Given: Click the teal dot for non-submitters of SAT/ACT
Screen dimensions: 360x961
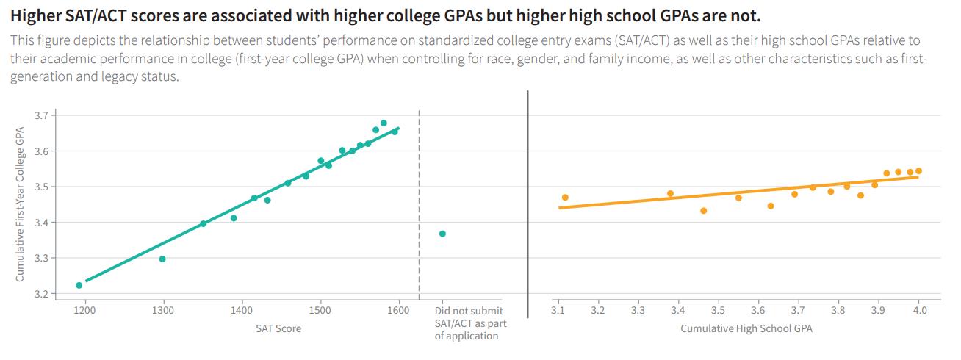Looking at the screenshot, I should (x=442, y=234).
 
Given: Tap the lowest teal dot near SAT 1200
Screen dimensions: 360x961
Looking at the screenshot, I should (x=79, y=285).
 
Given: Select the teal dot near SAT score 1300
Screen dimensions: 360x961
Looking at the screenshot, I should (x=162, y=259).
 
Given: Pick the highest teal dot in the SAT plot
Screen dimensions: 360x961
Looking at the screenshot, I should (x=384, y=123).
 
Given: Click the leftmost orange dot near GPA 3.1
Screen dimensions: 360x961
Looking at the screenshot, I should (x=565, y=198).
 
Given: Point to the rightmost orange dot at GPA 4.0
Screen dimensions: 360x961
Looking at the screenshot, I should (x=918, y=171).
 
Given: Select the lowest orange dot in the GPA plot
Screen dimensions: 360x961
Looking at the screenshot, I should (x=704, y=211).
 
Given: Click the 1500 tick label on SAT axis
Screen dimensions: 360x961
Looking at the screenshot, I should (x=320, y=311).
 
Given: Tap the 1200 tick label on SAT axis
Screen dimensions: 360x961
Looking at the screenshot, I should (x=85, y=311).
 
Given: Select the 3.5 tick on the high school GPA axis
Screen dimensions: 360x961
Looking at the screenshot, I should (x=718, y=311).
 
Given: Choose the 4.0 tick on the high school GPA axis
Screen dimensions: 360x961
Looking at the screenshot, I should (x=919, y=311).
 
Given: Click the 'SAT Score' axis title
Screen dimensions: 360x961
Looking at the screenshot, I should (x=278, y=328).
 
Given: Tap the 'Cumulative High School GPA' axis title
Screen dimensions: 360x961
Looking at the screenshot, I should (x=746, y=328).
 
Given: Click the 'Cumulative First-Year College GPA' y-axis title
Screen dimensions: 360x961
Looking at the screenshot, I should (x=21, y=203).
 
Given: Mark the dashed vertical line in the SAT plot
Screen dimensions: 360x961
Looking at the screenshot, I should (x=419, y=206).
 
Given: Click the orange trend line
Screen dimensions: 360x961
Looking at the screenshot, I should (x=735, y=193).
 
